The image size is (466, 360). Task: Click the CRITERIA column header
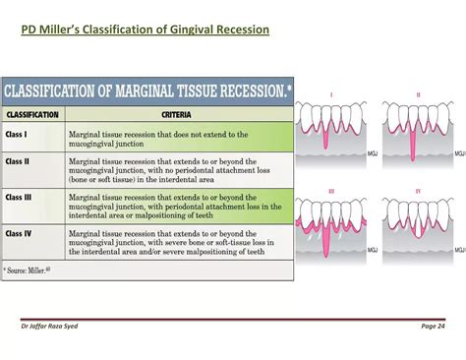point(174,114)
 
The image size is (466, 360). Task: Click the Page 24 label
point(433,326)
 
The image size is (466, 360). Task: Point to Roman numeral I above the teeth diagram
point(331,95)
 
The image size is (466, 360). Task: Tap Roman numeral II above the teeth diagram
point(417,95)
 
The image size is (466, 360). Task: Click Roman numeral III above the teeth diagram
point(331,190)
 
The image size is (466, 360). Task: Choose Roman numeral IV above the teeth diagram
point(417,190)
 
